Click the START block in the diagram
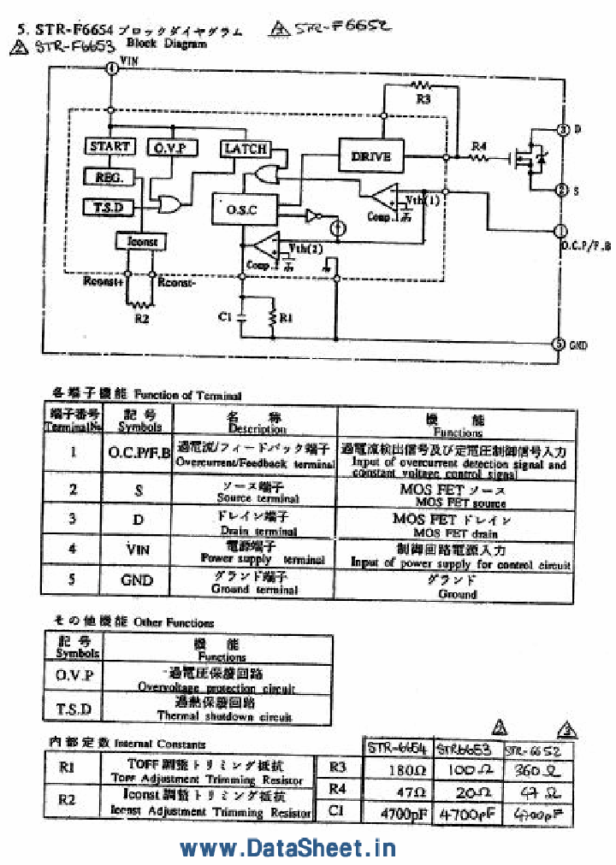click(110, 146)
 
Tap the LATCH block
click(246, 148)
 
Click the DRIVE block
click(370, 156)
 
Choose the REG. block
click(109, 177)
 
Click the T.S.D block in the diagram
click(109, 208)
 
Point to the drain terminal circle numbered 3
click(562, 129)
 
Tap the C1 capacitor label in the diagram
click(224, 317)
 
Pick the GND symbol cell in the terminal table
click(137, 580)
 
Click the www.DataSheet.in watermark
click(287, 847)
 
